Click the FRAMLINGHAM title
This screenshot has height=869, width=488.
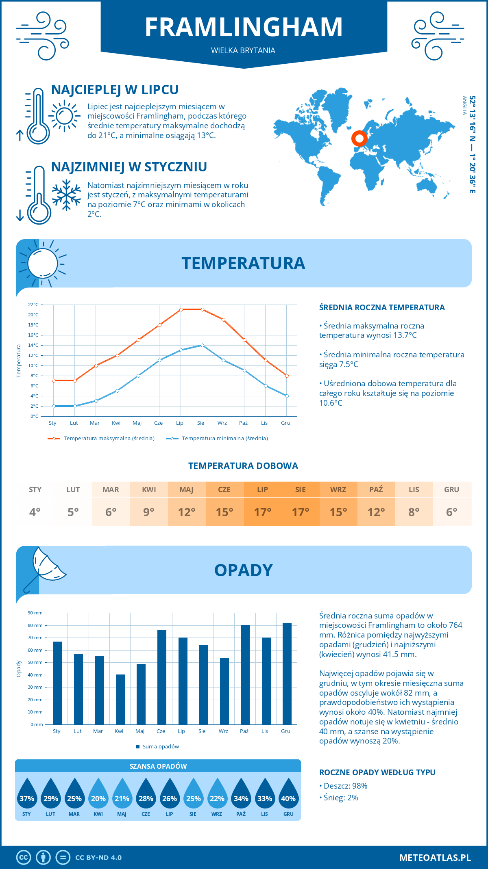tap(244, 28)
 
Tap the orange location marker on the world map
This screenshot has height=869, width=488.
tap(359, 138)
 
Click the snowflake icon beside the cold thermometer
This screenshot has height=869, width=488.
tap(66, 195)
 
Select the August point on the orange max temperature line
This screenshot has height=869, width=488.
tap(202, 309)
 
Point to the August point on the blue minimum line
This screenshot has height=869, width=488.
tap(202, 345)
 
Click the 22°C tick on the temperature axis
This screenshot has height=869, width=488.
tap(33, 305)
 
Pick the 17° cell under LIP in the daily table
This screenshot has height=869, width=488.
tap(262, 512)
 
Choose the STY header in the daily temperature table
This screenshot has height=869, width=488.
tap(35, 490)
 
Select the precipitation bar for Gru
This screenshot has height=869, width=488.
tap(287, 674)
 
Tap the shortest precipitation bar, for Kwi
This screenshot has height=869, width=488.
tap(120, 699)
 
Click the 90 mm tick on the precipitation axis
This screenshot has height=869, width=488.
tap(35, 613)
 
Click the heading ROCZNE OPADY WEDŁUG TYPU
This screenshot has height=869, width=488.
tap(377, 772)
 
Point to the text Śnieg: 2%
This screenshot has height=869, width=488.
tap(340, 798)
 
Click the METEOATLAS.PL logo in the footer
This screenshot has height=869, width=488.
tap(435, 858)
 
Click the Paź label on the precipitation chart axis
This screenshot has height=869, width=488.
tap(244, 731)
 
